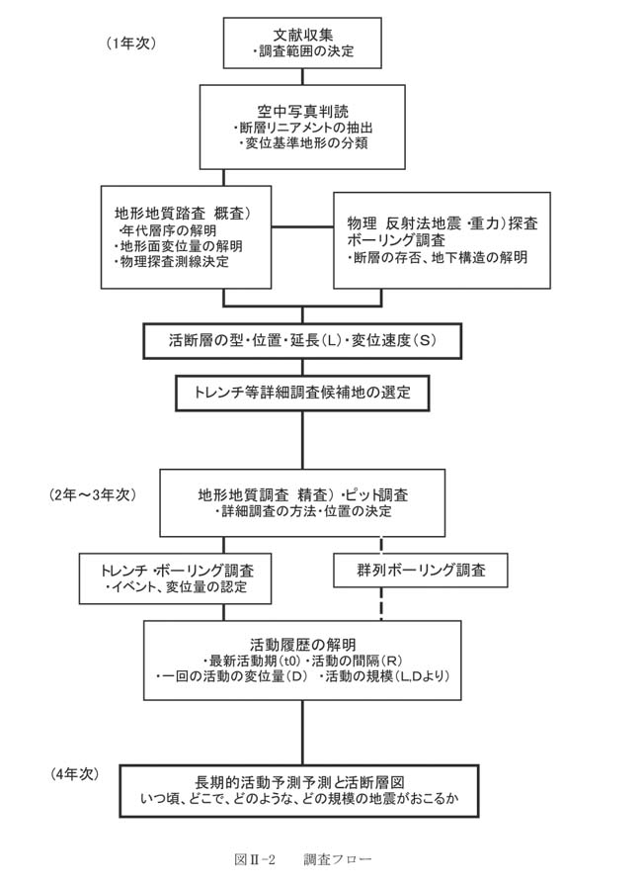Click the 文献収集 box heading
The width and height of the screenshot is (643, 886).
coord(302,34)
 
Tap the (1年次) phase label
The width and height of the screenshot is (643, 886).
coord(130,44)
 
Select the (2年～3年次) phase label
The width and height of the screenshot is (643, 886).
coord(93,495)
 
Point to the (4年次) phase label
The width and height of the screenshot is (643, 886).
coord(74,774)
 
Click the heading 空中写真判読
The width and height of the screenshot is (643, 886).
coord(302,112)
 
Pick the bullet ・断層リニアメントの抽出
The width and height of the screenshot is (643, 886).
coord(302,128)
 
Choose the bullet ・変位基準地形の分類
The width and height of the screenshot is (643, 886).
coord(302,143)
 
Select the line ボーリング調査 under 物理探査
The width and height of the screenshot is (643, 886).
coord(396,240)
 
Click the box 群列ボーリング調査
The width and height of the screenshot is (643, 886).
coord(421,571)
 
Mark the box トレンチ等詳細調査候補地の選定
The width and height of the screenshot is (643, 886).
coord(302,393)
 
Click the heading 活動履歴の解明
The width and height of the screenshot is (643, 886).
coord(302,645)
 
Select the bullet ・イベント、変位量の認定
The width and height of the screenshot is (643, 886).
coord(176,586)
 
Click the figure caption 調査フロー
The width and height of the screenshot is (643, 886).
coord(338,859)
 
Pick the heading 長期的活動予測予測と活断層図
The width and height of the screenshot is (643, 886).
coord(299,782)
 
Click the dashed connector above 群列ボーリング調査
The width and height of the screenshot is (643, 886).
coord(381,545)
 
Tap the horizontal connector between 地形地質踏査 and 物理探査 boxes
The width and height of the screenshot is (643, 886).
coord(302,227)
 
